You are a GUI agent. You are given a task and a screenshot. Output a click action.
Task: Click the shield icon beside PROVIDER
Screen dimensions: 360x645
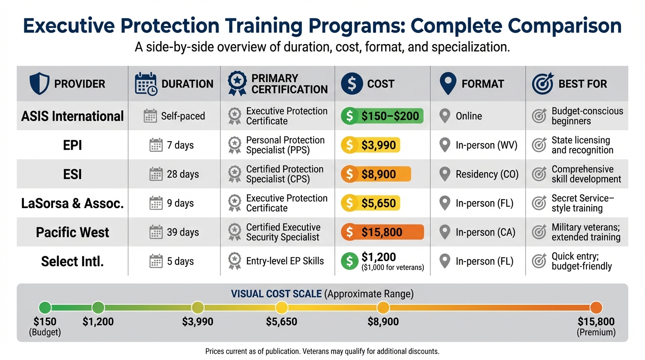click(x=39, y=84)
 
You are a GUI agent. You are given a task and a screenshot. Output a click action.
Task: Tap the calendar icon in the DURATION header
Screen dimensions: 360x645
click(x=145, y=84)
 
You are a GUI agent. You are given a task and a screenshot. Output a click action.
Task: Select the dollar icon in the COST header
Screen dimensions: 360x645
click(x=352, y=84)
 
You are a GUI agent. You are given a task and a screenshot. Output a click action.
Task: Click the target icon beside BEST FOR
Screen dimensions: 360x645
click(x=543, y=84)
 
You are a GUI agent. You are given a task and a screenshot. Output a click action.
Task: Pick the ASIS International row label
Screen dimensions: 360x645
click(x=73, y=116)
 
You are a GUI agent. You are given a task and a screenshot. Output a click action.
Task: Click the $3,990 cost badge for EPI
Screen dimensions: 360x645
click(x=371, y=145)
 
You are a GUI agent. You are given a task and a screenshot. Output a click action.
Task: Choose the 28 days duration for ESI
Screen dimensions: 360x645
click(x=183, y=174)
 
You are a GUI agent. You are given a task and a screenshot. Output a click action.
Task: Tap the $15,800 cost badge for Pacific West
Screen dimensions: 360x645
click(x=382, y=232)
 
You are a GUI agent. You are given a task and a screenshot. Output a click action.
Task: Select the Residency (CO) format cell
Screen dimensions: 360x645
click(x=487, y=174)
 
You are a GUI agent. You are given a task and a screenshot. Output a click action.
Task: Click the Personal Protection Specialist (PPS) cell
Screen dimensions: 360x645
click(x=285, y=145)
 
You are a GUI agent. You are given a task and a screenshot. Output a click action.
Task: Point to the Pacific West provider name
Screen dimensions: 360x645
click(x=73, y=232)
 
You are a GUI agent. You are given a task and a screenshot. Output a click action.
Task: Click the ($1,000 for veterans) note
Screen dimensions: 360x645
click(x=393, y=268)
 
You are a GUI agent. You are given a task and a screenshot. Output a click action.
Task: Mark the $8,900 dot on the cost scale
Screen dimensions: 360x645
click(x=383, y=307)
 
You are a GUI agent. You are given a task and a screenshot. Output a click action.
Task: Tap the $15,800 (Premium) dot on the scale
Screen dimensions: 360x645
click(x=596, y=307)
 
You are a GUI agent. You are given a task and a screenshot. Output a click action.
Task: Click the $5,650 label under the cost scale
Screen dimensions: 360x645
click(x=281, y=322)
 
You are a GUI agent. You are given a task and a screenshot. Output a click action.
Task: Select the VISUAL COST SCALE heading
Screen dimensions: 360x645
click(x=276, y=294)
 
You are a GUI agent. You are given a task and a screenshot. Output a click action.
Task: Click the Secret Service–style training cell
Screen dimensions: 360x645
click(x=583, y=203)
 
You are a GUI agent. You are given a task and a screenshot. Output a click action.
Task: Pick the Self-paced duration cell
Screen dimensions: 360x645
click(x=183, y=116)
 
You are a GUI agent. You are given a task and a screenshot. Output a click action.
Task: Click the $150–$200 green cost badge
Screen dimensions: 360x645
click(x=382, y=116)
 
